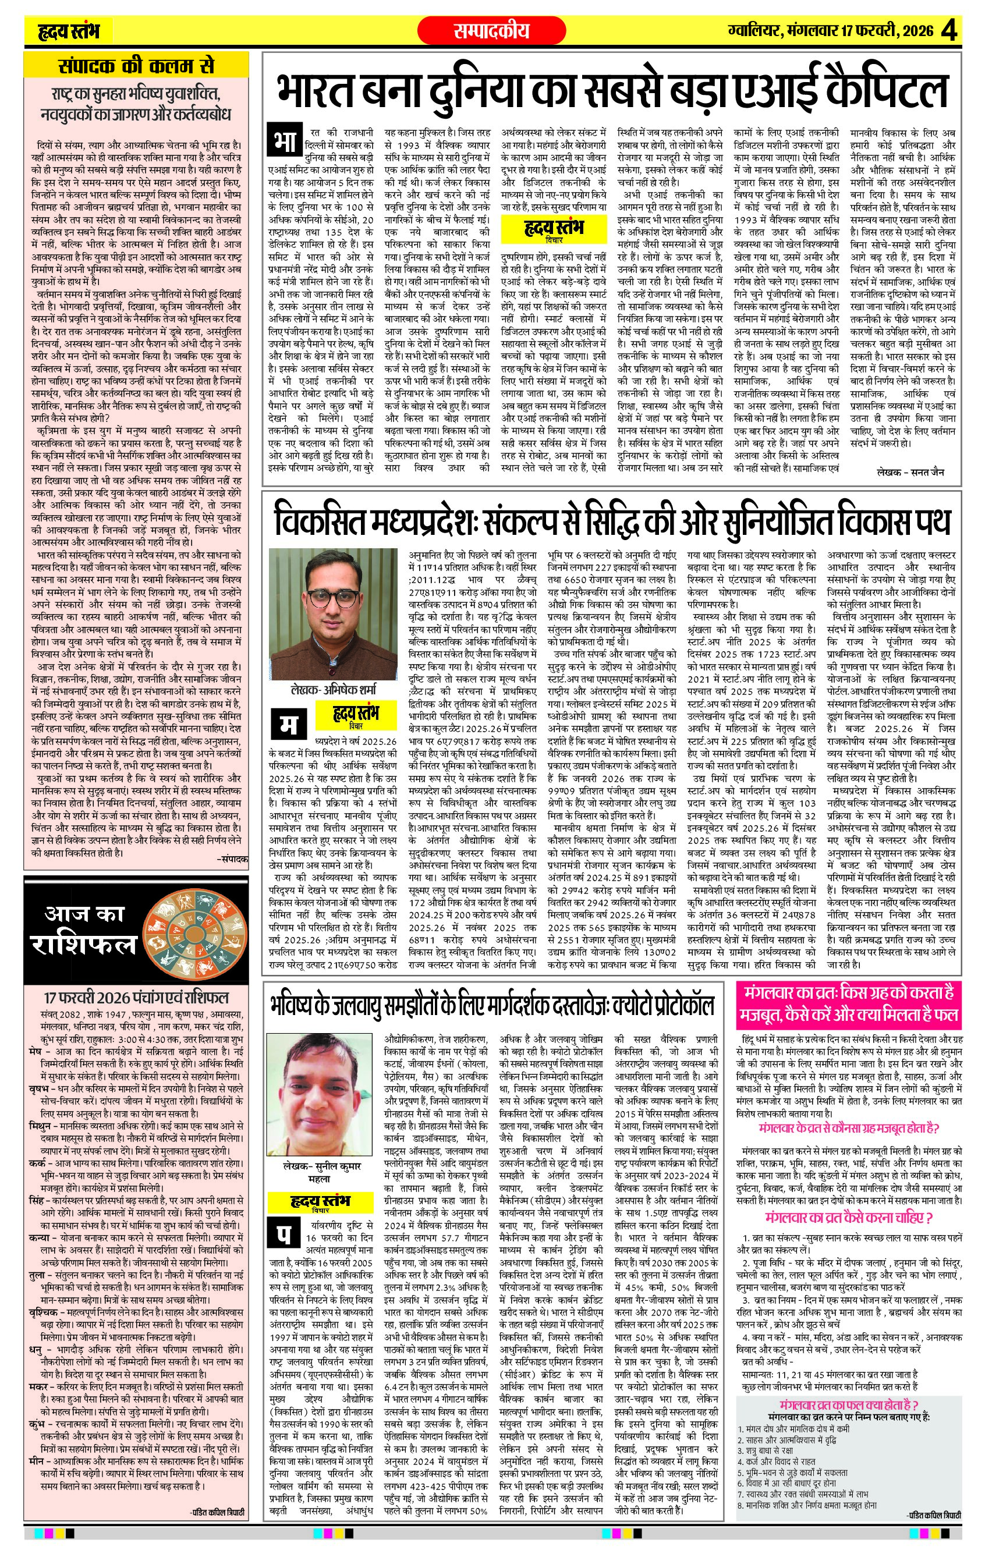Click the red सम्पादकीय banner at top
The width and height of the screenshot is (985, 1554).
[491, 30]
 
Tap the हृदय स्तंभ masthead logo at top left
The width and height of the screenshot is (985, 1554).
[69, 30]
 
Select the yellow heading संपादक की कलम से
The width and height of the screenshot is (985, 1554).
[136, 66]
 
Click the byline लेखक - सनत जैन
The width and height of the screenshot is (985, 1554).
[910, 472]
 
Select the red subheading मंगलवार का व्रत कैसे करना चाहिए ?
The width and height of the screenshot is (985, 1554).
[848, 1218]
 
